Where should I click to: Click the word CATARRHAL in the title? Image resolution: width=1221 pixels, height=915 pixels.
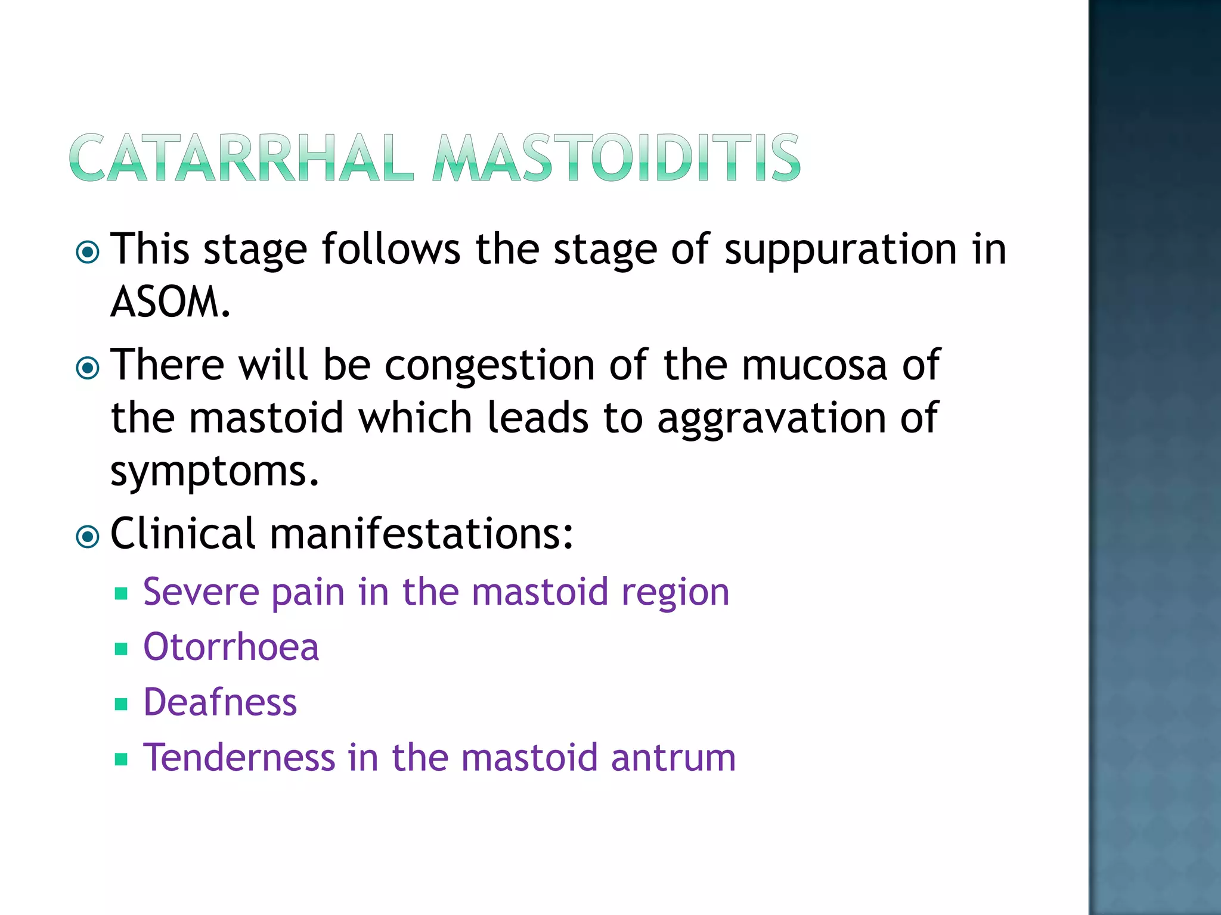click(x=241, y=158)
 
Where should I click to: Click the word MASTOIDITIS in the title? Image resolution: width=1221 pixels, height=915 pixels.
click(x=617, y=158)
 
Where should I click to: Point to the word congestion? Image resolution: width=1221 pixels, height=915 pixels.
click(x=489, y=366)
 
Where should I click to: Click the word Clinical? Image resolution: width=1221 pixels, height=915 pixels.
click(x=183, y=533)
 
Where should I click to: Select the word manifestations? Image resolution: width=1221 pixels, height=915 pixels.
click(x=422, y=533)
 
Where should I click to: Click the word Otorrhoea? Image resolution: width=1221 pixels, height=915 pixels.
click(x=231, y=647)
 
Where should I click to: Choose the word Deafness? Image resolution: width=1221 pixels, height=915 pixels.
click(x=220, y=702)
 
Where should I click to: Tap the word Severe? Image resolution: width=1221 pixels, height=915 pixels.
click(x=201, y=592)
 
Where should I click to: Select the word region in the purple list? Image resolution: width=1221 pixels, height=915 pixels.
click(x=675, y=593)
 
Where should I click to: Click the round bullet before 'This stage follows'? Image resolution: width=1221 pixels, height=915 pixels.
click(x=88, y=253)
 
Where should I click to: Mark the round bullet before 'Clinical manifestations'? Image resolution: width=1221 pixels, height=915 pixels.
click(x=88, y=537)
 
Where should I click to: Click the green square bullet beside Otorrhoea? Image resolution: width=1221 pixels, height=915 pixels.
click(x=122, y=649)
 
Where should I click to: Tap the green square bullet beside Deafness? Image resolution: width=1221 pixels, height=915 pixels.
click(x=122, y=704)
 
